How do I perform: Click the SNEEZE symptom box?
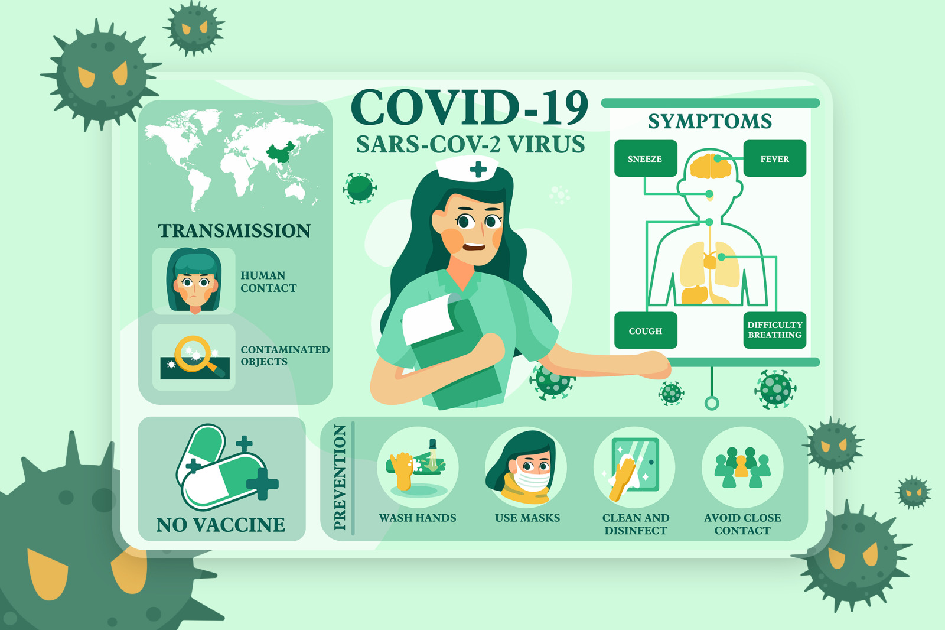click(646, 158)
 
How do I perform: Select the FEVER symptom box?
click(774, 158)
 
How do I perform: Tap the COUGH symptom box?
click(646, 330)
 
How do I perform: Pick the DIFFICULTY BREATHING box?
click(774, 330)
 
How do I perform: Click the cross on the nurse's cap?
click(478, 169)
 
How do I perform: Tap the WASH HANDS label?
click(418, 518)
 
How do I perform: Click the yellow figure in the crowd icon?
click(741, 466)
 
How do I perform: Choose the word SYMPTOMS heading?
click(710, 122)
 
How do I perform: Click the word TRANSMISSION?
click(234, 231)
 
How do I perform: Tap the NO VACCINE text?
click(221, 525)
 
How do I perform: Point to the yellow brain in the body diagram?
click(711, 167)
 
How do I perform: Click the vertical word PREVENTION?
click(340, 477)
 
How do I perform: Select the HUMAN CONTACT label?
click(269, 282)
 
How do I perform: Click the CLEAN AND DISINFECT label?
click(636, 524)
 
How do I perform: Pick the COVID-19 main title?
click(470, 107)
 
